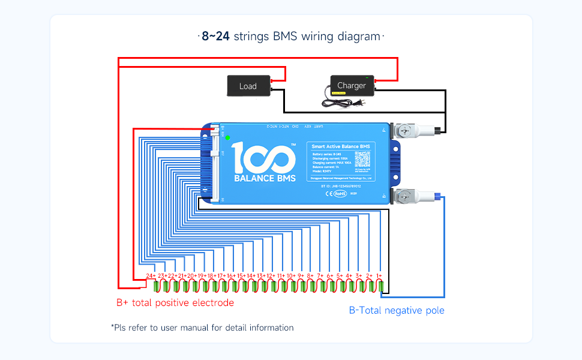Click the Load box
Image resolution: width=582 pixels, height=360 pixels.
(x=248, y=86)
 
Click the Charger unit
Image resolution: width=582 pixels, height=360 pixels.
(x=352, y=85)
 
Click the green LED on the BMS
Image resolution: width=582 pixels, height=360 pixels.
(x=228, y=137)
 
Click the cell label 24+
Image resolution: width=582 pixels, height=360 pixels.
(x=151, y=275)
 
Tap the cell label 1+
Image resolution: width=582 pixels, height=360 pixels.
(x=379, y=275)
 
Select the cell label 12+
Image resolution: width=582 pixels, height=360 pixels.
(x=271, y=275)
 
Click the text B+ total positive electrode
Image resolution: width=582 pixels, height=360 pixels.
(x=175, y=303)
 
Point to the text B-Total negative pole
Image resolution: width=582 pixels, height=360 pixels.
(x=397, y=310)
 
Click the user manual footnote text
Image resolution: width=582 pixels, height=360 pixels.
(x=202, y=328)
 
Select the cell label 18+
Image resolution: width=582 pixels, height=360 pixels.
(x=211, y=275)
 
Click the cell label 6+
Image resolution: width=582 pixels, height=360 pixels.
(x=329, y=275)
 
